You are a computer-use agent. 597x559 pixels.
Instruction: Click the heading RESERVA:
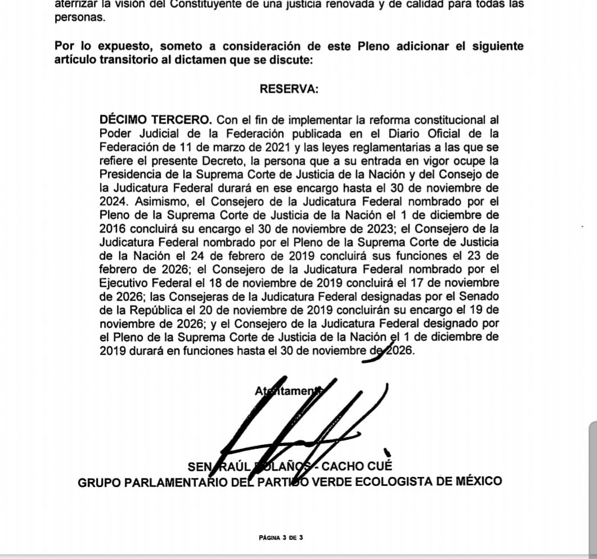289,89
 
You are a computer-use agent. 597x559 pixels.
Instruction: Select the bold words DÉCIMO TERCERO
155,120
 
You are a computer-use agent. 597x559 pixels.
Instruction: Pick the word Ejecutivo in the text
126,283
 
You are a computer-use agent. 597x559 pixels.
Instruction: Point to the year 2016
112,229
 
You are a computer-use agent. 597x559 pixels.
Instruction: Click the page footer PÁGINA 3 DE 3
281,538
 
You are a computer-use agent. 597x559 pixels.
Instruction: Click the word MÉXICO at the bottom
478,481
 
